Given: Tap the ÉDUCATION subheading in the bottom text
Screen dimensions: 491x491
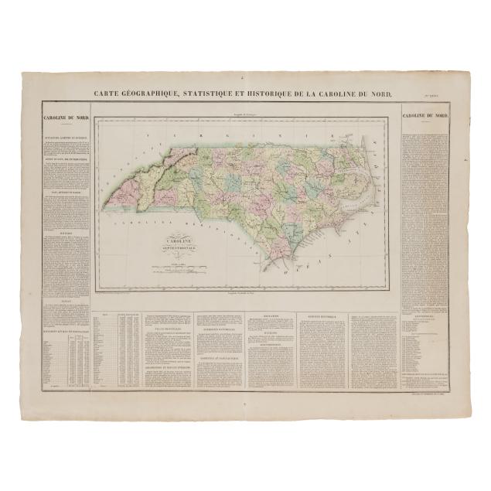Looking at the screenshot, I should tap(271, 315).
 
